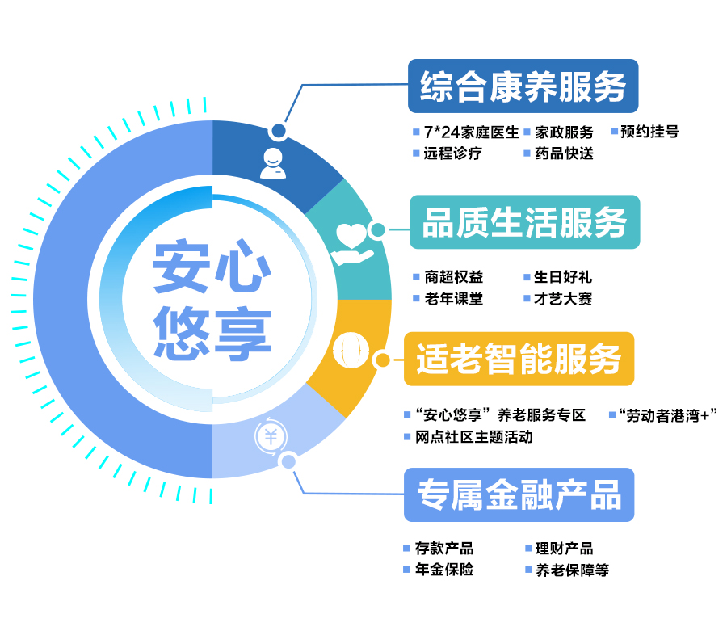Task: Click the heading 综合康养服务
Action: (523, 86)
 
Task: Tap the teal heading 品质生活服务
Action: (524, 222)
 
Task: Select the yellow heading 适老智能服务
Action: (519, 359)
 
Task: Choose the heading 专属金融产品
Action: (519, 495)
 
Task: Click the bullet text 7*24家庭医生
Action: (471, 132)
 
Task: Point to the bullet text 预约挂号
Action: (649, 132)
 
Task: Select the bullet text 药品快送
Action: (565, 153)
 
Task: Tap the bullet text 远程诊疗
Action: (452, 153)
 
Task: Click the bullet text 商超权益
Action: (454, 277)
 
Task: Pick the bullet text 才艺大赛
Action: (563, 299)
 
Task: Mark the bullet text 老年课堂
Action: (454, 299)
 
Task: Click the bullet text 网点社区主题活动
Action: (474, 437)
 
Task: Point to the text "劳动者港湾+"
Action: (668, 415)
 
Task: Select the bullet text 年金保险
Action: (444, 569)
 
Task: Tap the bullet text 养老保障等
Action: (572, 570)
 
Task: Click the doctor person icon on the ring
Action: (273, 164)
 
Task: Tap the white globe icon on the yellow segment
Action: (351, 350)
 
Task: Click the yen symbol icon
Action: (271, 437)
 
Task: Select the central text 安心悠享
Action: (212, 300)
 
